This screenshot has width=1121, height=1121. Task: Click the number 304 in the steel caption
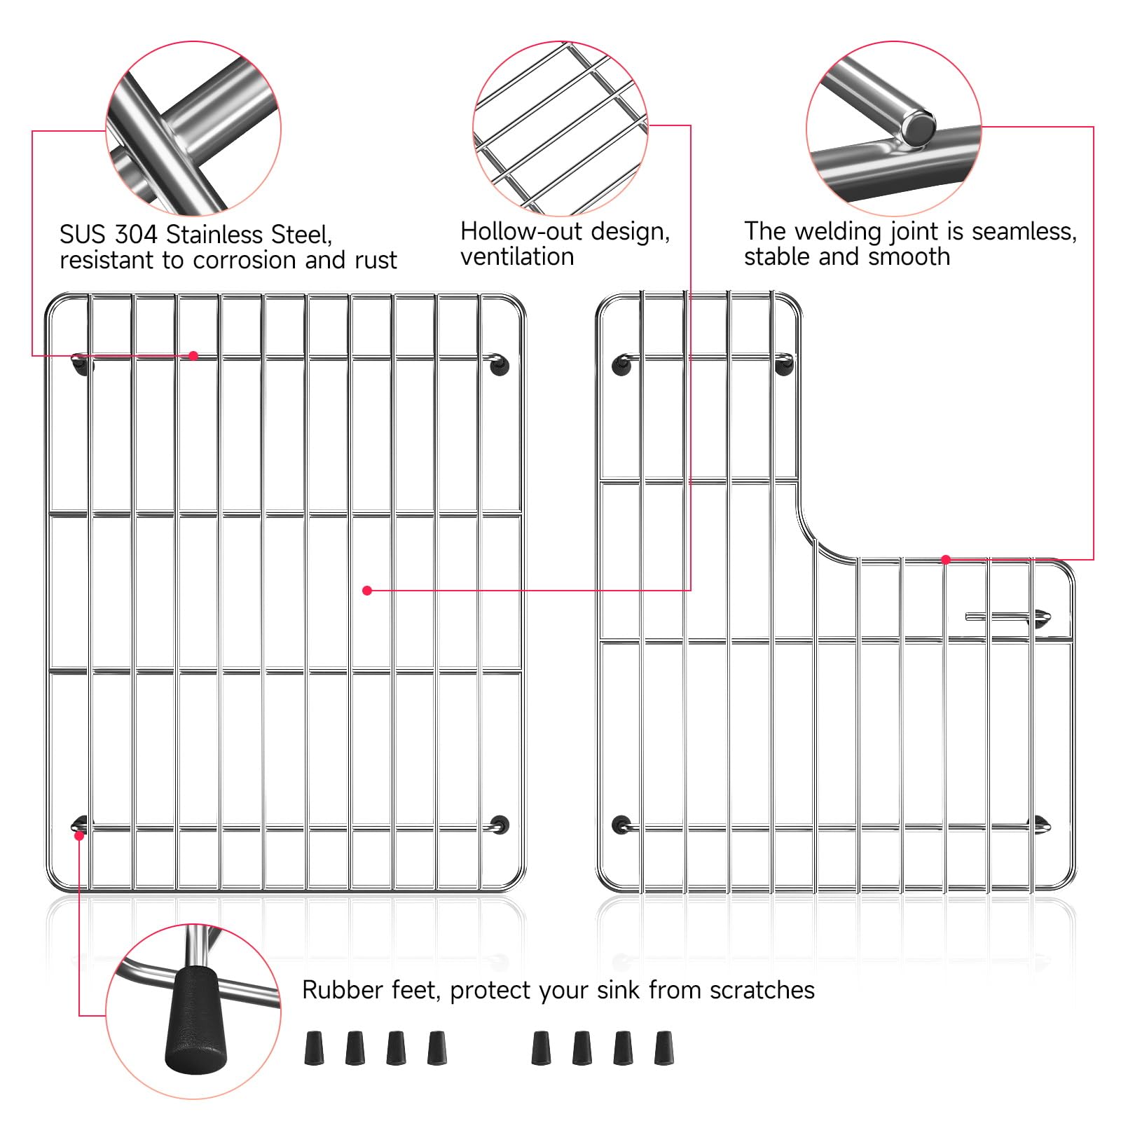[137, 234]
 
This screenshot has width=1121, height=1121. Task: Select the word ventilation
[517, 257]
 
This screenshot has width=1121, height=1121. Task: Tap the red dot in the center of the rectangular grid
[367, 591]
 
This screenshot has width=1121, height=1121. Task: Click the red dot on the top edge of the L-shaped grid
[946, 559]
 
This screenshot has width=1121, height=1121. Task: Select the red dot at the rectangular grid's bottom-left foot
[79, 835]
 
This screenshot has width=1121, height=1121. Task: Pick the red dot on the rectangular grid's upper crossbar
[193, 356]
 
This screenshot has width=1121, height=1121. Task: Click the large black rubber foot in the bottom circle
[196, 1019]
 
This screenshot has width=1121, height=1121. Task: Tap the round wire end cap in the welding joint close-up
[918, 128]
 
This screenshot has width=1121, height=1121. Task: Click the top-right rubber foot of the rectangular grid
[499, 365]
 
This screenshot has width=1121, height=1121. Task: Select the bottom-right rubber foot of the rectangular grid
[500, 825]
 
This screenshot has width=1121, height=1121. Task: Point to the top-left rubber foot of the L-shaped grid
[621, 364]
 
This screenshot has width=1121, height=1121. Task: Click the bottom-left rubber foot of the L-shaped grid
[621, 825]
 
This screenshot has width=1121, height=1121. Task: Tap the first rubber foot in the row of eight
[315, 1048]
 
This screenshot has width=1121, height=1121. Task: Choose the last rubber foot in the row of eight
[663, 1048]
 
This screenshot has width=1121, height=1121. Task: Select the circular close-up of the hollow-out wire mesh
[560, 128]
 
